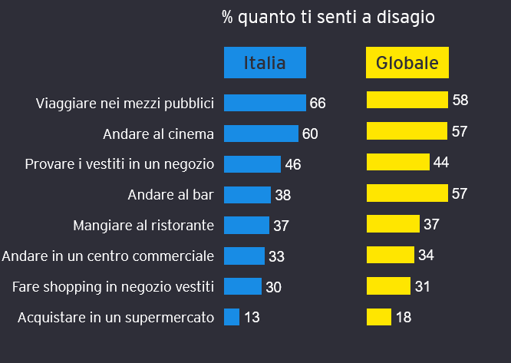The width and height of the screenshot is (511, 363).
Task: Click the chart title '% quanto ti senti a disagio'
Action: [x=328, y=17]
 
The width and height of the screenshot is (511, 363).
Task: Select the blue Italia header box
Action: [x=265, y=63]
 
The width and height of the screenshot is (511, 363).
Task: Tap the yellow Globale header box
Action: [x=407, y=63]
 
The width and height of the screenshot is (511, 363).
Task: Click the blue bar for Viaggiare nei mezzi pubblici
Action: [x=265, y=103]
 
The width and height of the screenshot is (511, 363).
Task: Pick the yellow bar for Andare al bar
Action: [x=407, y=193]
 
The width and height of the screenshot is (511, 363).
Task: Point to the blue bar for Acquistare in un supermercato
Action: [x=232, y=316]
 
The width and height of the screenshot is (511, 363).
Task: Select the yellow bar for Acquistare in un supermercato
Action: [x=379, y=316]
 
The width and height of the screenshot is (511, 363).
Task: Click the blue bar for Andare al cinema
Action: [x=261, y=134]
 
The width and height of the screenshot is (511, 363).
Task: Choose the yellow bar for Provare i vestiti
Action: [x=397, y=162]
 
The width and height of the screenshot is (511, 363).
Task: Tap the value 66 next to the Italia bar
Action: [x=318, y=103]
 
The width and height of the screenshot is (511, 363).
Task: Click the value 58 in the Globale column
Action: [x=460, y=100]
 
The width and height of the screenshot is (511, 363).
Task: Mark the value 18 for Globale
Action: [x=404, y=317]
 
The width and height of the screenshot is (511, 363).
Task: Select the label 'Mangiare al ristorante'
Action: [x=143, y=226]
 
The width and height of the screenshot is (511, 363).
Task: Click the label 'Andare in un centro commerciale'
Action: [x=109, y=256]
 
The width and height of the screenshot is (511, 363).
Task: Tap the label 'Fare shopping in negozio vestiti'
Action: [x=113, y=286]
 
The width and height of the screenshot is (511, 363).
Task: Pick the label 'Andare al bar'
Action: [x=170, y=195]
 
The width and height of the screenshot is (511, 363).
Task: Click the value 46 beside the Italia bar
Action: [x=292, y=165]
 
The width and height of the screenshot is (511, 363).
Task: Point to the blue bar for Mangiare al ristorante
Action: [x=246, y=225]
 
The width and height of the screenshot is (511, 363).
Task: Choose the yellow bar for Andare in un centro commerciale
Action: [x=391, y=255]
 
